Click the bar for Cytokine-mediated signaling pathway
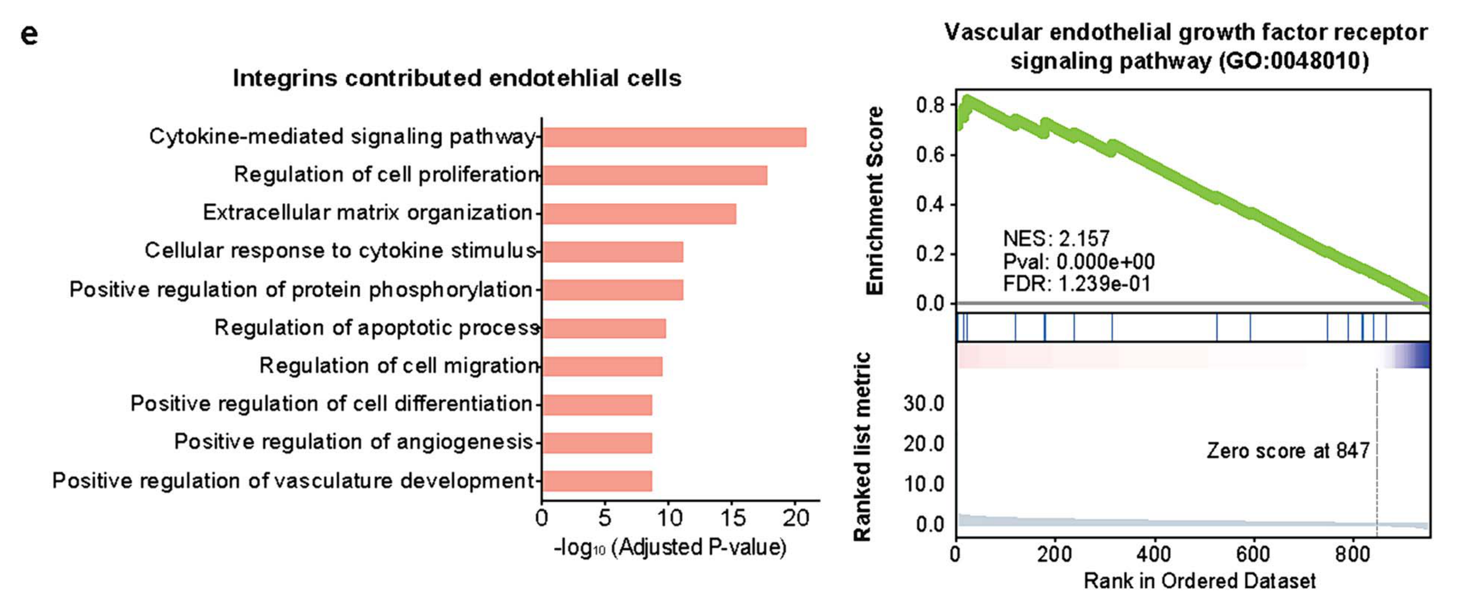pos(673,137)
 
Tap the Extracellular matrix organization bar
pos(639,214)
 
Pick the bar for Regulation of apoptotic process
pos(604,328)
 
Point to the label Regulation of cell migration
pos(398,366)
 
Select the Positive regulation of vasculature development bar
pos(597,481)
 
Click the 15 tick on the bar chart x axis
pos(732,518)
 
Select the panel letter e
pos(29,34)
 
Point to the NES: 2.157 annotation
pos(1056,238)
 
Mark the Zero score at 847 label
pos(1287,451)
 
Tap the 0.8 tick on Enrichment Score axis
pos(930,105)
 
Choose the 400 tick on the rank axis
pos(1154,554)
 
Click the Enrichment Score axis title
pos(874,201)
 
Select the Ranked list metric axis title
pos(861,446)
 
